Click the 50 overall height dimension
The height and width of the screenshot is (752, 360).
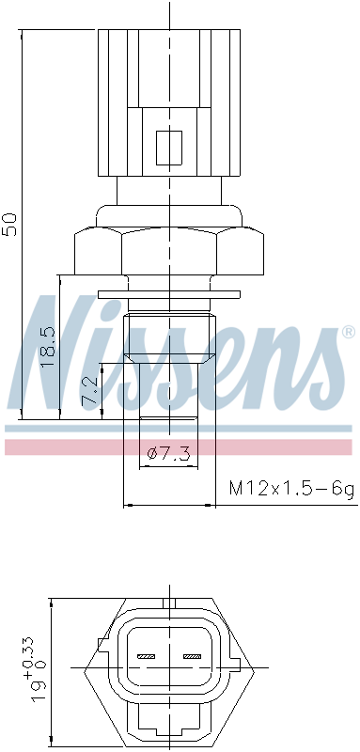click(10, 224)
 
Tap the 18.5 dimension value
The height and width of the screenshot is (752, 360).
click(49, 347)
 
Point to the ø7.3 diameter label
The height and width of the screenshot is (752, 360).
click(169, 452)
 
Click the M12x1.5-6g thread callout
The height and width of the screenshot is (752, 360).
click(292, 488)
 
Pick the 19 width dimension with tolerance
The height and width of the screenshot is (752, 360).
click(39, 669)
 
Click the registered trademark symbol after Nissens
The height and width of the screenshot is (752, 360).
click(348, 332)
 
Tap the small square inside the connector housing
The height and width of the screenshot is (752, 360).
click(169, 148)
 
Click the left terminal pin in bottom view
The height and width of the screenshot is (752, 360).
click(147, 656)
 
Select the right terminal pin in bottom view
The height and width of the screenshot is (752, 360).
click(192, 656)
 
